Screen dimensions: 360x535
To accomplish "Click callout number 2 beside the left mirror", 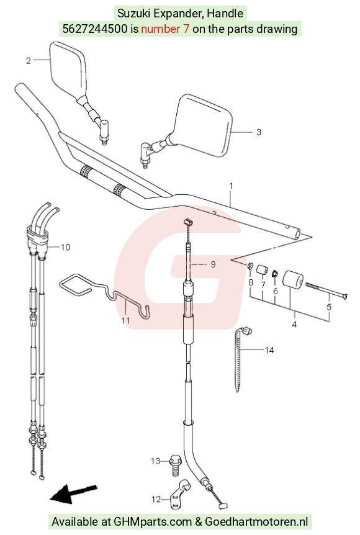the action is (x=29, y=61).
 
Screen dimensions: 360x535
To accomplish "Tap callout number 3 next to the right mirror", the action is (x=259, y=132).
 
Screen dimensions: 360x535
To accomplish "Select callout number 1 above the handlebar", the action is (x=231, y=186).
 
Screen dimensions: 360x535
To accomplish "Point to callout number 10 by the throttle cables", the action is (x=65, y=247).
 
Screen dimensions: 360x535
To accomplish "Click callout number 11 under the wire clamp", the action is (x=126, y=320).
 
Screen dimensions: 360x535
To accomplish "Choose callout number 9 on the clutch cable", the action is (x=214, y=264).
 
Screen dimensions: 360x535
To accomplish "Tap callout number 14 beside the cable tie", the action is (x=269, y=350).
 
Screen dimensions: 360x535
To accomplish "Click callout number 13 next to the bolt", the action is (x=156, y=461).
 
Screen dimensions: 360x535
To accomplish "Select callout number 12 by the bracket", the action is (x=156, y=499).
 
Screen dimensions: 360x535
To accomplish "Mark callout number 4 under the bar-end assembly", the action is (x=294, y=324).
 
